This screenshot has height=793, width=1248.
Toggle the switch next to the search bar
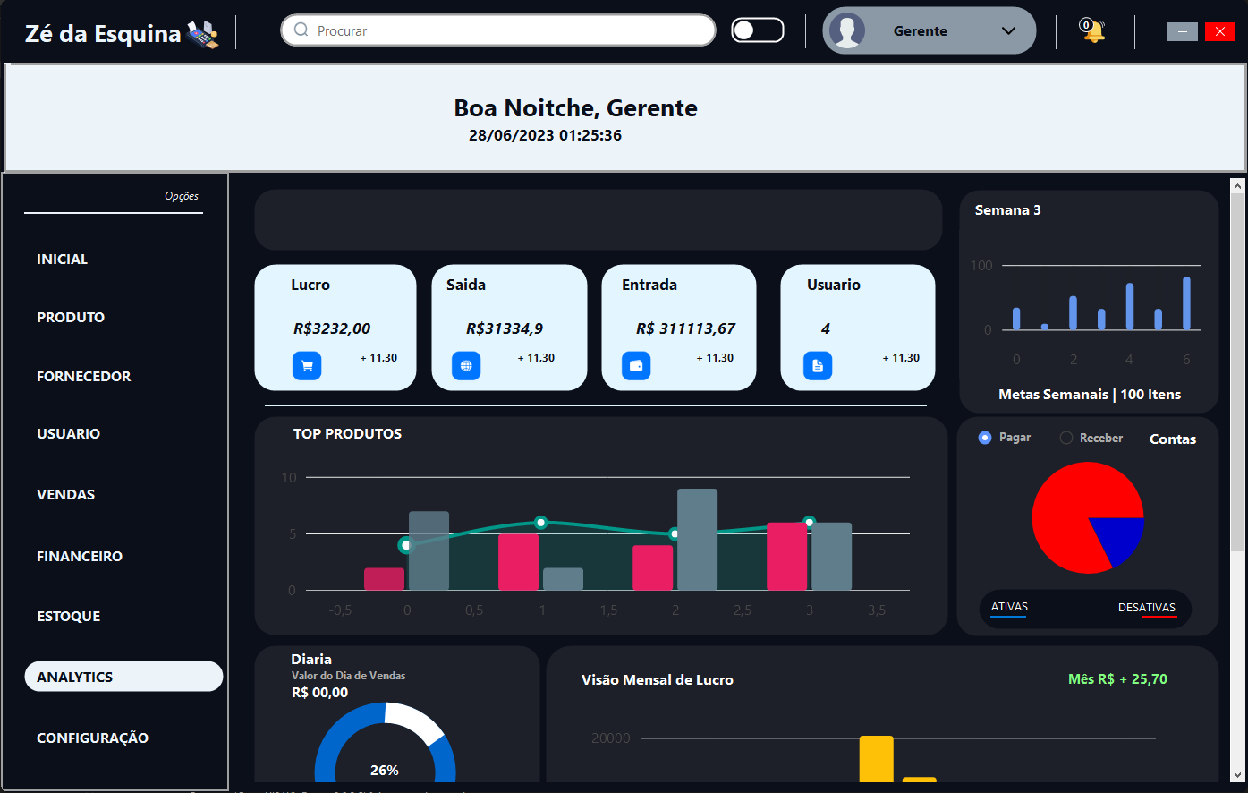coord(757,30)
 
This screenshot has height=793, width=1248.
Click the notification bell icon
coord(1092,31)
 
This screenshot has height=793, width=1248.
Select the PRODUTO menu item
coord(71,318)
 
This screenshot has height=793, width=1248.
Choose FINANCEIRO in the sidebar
coord(80,557)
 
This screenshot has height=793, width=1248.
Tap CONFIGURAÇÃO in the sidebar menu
coord(92,738)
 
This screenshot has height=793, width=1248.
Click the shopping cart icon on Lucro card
coord(307,365)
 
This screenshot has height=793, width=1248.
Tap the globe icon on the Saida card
coord(466,365)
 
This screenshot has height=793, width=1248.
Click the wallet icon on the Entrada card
coord(636,365)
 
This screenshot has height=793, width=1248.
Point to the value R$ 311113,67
coord(685,328)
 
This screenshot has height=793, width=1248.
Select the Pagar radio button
coord(985,438)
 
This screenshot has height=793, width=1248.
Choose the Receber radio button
coord(1065,438)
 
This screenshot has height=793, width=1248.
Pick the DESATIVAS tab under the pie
coord(1146,609)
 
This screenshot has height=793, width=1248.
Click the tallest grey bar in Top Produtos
coord(697,539)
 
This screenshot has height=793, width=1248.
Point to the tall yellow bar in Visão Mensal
coord(876,758)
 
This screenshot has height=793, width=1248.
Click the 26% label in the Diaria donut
coord(385,770)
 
